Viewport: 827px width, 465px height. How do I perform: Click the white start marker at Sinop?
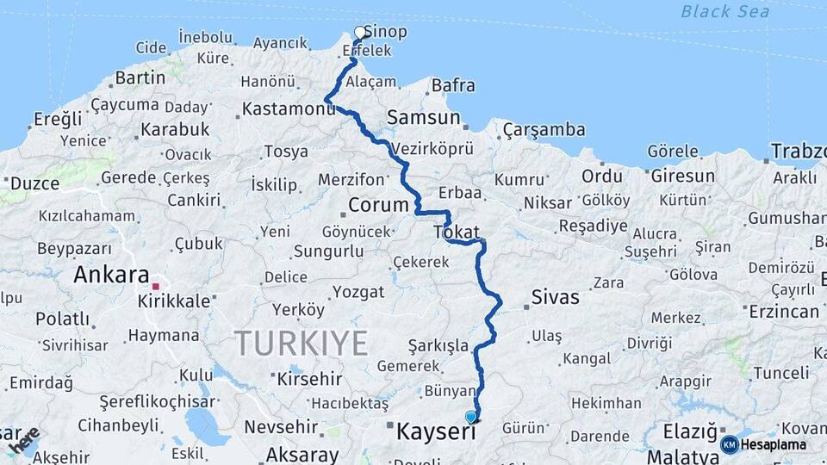pos(360,33)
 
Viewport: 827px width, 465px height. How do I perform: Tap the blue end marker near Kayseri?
pos(470,417)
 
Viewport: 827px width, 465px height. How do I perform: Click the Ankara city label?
pos(111,276)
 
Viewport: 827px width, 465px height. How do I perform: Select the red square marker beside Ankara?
pos(156,286)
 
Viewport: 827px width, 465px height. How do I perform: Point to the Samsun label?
pos(423,116)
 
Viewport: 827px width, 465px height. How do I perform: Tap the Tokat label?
pos(457,231)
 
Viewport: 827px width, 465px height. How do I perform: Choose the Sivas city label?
pos(555,297)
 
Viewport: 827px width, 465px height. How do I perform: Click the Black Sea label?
pos(724,11)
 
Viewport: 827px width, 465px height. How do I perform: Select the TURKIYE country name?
pos(302,343)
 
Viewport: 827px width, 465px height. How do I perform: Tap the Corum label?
pos(377,205)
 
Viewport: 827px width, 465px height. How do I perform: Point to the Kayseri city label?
pos(436,431)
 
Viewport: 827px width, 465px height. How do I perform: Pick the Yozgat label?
pos(358,291)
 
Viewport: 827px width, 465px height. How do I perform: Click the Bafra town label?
pos(452,85)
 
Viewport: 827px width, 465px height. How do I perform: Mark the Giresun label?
pos(682,177)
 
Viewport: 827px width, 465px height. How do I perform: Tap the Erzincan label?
pos(784,311)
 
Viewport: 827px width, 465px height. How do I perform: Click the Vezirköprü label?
pos(432,148)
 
